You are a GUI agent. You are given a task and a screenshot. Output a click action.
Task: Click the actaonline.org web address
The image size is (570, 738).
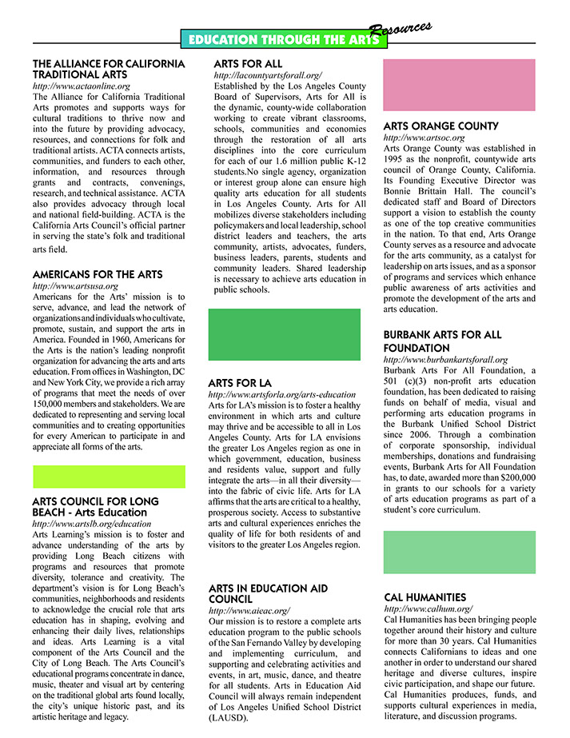click(x=81, y=85)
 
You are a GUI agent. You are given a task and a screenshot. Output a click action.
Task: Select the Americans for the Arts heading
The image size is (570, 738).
click(x=98, y=274)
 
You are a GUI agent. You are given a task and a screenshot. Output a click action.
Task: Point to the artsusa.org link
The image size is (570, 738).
click(x=75, y=285)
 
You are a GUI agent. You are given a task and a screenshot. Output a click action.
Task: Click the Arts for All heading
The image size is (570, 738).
click(x=248, y=64)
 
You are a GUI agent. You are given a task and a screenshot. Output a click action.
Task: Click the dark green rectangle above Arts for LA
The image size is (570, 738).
click(x=284, y=334)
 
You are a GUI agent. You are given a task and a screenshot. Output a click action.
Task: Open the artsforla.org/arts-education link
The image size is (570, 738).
click(x=281, y=395)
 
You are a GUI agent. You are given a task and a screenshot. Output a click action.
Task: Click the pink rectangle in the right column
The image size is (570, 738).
click(x=459, y=85)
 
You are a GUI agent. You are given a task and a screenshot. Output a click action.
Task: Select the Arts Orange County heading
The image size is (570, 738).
click(x=440, y=126)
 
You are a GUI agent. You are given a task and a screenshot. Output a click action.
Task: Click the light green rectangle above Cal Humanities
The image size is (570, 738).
click(x=459, y=553)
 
